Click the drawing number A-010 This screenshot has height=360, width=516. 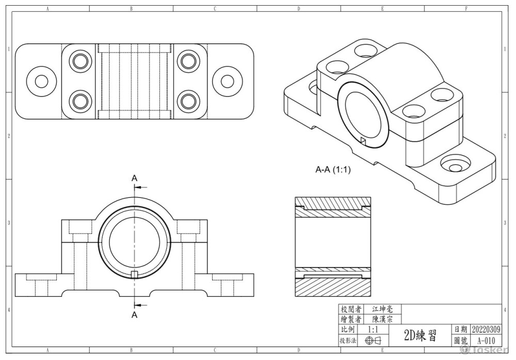point(486,340)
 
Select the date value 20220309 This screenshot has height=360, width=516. point(486,329)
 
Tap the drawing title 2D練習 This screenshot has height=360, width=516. point(420,336)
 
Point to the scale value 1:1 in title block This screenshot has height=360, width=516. point(375,329)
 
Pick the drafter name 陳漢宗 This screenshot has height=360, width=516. point(382,319)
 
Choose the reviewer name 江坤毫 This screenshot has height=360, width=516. point(382,309)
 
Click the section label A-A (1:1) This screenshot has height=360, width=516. point(333,169)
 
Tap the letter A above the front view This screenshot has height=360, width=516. point(134,178)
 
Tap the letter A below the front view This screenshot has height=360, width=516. point(134,314)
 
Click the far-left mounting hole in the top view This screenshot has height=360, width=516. point(41,81)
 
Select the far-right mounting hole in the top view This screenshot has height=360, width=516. point(228,81)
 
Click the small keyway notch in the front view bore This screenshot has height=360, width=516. point(134,273)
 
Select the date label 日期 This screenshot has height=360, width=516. point(461,329)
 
